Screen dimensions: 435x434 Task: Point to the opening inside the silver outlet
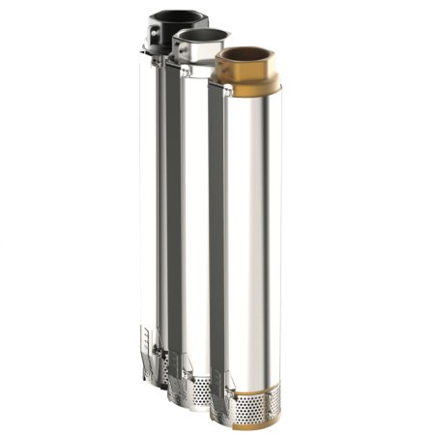[200, 34]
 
